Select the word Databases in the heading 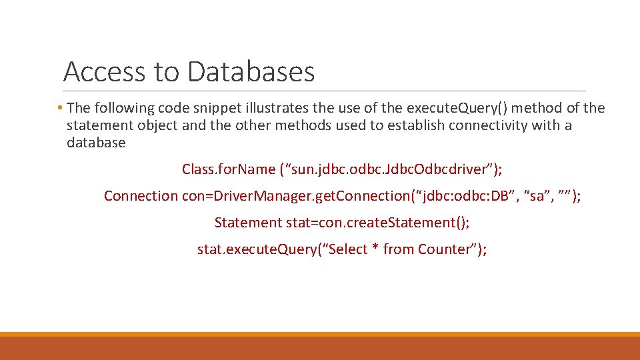(251, 71)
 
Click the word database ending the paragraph (96, 143)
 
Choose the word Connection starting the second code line (141, 196)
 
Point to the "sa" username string (537, 196)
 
